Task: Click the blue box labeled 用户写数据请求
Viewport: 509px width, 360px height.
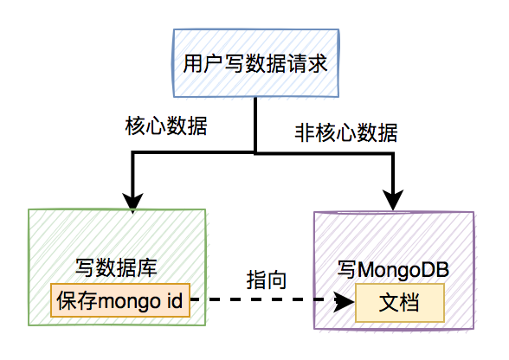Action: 254,64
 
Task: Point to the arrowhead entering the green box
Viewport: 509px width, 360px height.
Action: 132,203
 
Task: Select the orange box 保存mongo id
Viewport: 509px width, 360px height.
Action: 119,301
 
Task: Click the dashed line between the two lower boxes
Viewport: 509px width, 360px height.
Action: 260,301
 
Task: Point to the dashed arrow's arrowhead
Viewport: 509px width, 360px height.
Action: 345,301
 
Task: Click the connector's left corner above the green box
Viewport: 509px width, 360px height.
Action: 132,152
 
